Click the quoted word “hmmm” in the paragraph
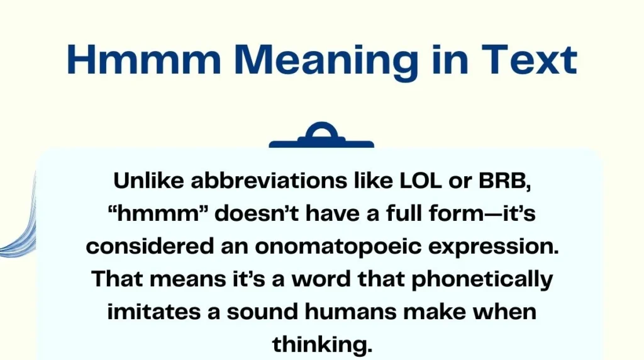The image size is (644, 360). [158, 214]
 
